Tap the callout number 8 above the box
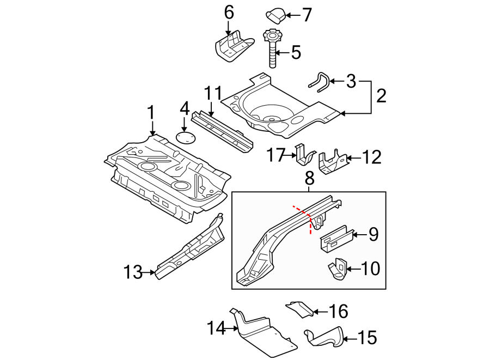[x=309, y=178]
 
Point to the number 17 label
[x=275, y=156]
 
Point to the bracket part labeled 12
[x=333, y=162]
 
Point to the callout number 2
[x=381, y=96]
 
